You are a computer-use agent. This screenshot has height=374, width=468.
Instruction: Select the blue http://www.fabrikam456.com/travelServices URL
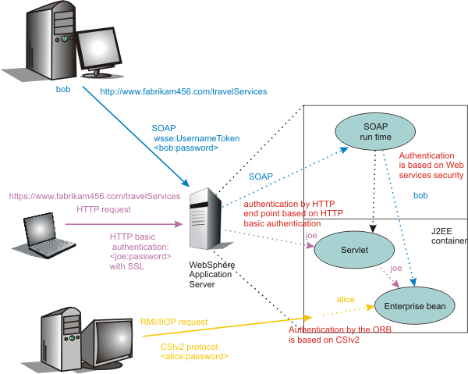tap(183, 92)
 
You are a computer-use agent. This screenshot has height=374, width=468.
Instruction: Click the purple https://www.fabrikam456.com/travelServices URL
tap(94, 196)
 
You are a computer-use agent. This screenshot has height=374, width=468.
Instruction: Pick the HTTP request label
tap(104, 209)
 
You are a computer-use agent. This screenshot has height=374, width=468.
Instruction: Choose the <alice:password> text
tap(193, 356)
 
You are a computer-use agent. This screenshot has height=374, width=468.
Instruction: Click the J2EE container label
tap(448, 236)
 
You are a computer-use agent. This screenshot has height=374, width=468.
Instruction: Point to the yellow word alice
tap(346, 299)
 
